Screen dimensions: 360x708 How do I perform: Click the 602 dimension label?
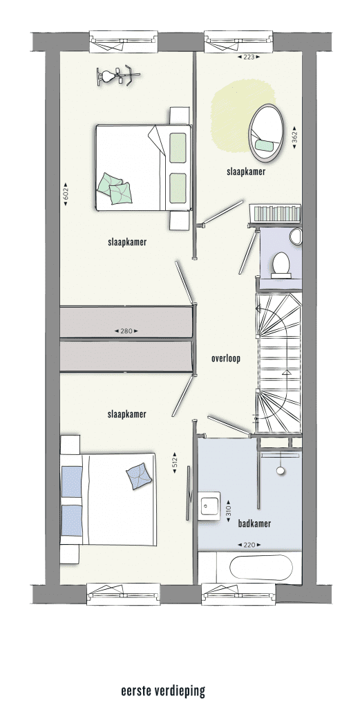click(x=66, y=194)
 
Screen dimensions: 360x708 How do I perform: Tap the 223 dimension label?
click(x=249, y=57)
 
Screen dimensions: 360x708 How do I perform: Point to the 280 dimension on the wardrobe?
click(x=126, y=331)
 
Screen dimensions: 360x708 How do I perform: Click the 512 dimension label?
click(x=175, y=463)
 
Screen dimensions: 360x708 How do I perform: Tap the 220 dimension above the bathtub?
click(x=249, y=545)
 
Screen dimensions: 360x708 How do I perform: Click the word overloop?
click(x=226, y=359)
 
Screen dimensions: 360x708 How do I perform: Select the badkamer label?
click(x=255, y=524)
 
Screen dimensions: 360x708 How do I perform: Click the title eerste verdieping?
click(x=163, y=691)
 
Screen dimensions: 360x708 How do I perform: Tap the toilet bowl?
click(x=281, y=265)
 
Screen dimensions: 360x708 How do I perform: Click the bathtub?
click(x=258, y=568)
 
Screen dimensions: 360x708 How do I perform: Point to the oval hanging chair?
click(x=267, y=132)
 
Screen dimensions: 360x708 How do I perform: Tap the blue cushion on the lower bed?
click(x=138, y=476)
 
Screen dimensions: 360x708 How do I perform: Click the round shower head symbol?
click(x=281, y=470)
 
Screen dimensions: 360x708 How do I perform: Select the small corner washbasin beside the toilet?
click(x=296, y=236)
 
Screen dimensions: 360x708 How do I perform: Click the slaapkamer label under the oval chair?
click(x=246, y=171)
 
